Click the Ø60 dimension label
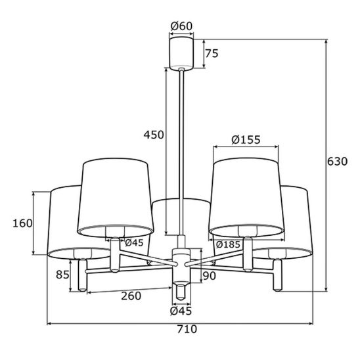181,26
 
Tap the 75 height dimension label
212,54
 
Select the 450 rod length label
154,135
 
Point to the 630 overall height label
337,162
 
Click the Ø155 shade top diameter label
246,139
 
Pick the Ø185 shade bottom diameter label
228,245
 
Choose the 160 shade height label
22,223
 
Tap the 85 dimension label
62,275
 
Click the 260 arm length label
131,296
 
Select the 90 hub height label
210,276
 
